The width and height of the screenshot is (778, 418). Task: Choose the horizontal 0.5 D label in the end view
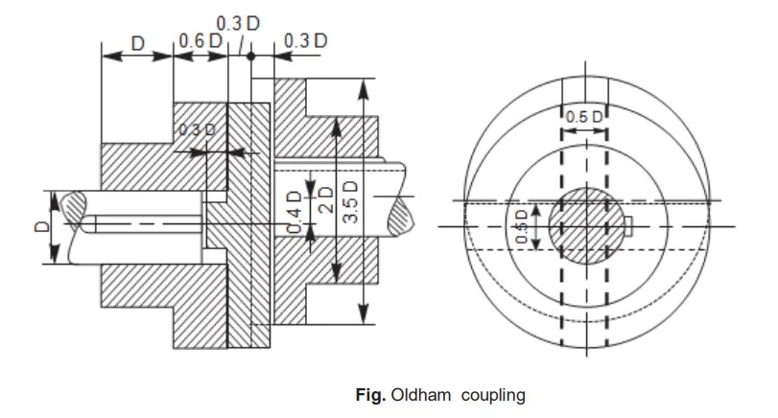[583, 117]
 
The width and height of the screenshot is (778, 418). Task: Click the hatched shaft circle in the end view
[584, 227]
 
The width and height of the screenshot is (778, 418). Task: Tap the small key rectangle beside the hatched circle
[628, 226]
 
